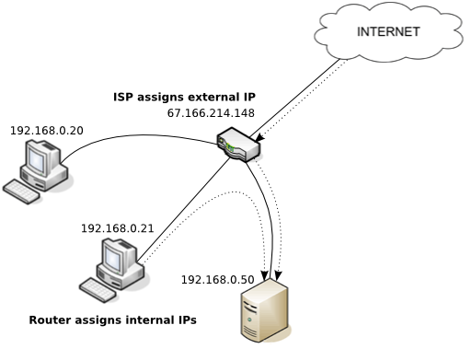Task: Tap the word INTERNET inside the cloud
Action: coord(388,32)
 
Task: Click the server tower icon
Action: coord(264,313)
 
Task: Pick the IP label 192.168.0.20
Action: coord(46,131)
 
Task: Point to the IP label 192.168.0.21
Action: coord(117,228)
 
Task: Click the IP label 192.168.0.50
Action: coord(217,279)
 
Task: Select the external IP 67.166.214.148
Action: coord(211,114)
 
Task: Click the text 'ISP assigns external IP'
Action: coord(184,96)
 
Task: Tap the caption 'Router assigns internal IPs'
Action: coord(112,320)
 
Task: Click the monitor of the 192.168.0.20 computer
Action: coord(40,161)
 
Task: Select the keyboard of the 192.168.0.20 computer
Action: coord(22,191)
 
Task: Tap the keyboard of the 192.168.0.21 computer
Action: coord(98,288)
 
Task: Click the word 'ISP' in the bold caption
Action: coord(125,96)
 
